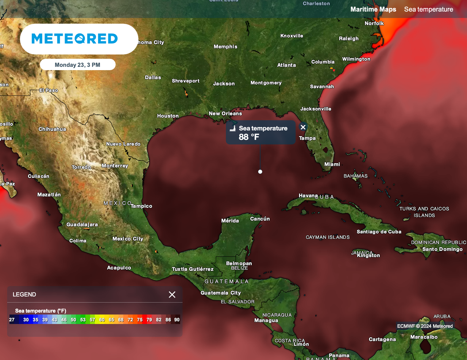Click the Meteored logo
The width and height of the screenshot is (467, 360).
[75, 39]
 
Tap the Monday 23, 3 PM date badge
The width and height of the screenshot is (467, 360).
[77, 65]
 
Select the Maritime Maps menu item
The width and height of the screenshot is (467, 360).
[373, 9]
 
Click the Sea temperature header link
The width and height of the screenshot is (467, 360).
[428, 9]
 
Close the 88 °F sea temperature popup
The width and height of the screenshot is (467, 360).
[303, 127]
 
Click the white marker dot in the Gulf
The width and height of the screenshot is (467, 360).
[260, 172]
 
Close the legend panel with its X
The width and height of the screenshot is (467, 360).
[172, 295]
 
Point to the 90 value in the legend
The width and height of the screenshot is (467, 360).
[177, 320]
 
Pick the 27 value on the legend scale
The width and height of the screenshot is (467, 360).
[12, 320]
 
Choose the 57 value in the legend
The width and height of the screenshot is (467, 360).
[93, 320]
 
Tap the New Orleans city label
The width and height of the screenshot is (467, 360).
[225, 114]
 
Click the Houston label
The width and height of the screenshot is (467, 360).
[168, 116]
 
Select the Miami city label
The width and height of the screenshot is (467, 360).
[332, 164]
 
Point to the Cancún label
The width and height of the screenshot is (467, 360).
[260, 219]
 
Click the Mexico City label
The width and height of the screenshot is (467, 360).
[128, 239]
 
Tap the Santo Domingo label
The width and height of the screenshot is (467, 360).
[442, 249]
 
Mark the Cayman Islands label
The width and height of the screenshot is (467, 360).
[328, 237]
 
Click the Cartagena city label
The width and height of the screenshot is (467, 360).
[382, 340]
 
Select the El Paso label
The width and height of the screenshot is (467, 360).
[49, 90]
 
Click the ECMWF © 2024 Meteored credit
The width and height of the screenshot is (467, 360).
[425, 326]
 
